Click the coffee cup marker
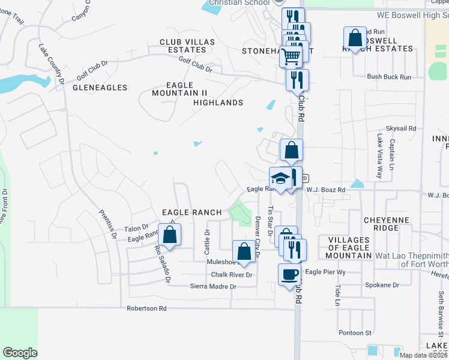[289, 274]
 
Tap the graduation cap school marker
[280, 178]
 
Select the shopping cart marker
[291, 56]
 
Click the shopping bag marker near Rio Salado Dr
[169, 235]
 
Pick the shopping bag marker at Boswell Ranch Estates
[355, 38]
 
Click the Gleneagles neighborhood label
[100, 88]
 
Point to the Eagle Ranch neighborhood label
[192, 212]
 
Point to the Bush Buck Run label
[389, 77]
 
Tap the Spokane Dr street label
[387, 286]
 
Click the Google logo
[20, 353]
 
